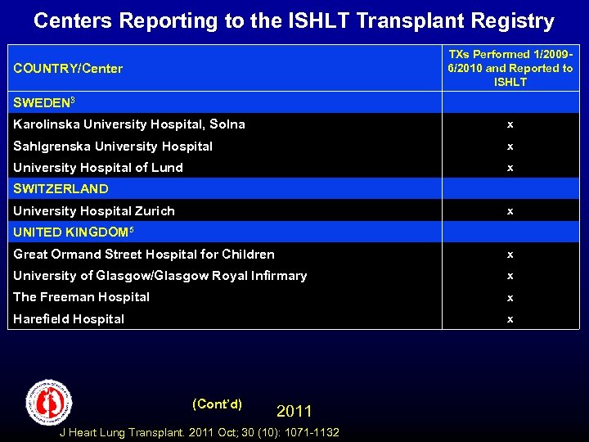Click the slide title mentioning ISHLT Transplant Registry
pos(294,20)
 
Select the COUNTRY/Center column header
pos(68,69)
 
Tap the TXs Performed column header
pos(510,68)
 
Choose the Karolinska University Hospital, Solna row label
pos(129,124)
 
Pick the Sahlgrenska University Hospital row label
pos(113,147)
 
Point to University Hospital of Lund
pos(98,168)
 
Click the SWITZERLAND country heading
pos(61,189)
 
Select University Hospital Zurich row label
pos(94,211)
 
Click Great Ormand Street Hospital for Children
pos(144,255)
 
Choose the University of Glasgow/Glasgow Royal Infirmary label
pos(160,276)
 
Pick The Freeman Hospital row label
pos(82,297)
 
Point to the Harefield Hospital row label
pos(69,319)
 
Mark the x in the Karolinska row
pos(510,124)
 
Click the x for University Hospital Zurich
pos(510,211)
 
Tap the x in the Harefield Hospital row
pos(510,319)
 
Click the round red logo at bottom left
pos(49,401)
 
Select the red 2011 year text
pos(294,411)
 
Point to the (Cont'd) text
pos(217,404)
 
